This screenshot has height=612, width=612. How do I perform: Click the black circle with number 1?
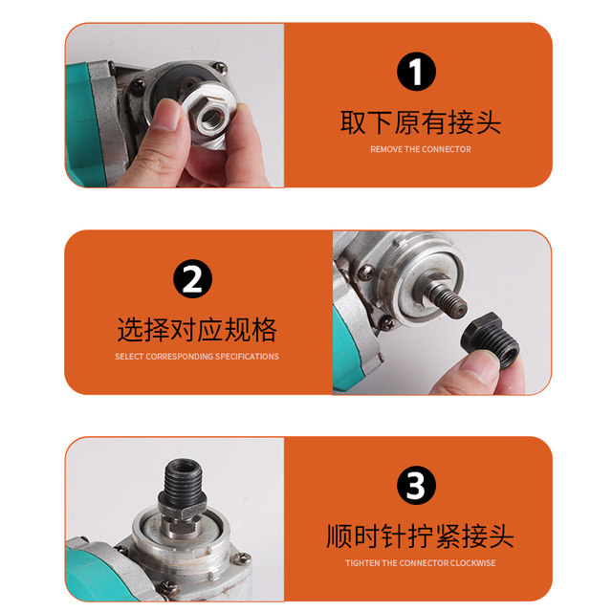point(416,73)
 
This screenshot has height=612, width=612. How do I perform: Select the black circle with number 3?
point(416,487)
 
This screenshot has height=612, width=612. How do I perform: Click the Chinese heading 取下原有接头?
point(420,122)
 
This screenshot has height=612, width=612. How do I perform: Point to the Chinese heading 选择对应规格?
point(197,330)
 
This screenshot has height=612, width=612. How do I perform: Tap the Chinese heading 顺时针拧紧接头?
point(420,535)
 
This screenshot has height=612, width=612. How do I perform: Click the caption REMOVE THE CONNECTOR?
point(420,149)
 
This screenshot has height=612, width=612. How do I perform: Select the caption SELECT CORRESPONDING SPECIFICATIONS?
point(197,357)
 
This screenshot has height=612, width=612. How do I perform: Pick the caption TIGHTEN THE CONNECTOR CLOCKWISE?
point(420,563)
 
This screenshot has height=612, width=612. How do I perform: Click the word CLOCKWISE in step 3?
point(474,563)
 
